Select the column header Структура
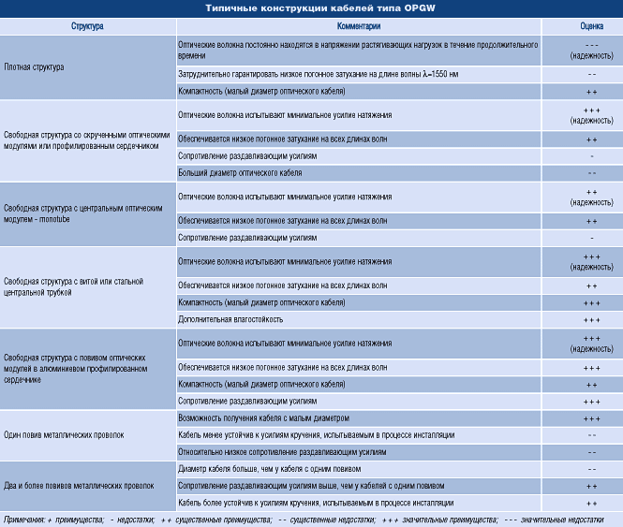(x=87, y=27)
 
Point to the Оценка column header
(x=591, y=27)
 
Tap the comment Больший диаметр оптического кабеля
(x=240, y=173)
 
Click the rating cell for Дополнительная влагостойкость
(x=591, y=320)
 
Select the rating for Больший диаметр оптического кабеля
(x=591, y=173)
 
